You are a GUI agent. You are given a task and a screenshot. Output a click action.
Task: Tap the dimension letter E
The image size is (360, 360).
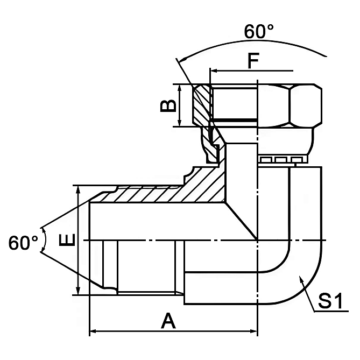67,239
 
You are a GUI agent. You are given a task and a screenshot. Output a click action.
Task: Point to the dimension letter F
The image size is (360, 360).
253,61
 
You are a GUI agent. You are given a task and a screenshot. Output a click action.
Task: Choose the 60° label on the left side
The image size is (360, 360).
23,243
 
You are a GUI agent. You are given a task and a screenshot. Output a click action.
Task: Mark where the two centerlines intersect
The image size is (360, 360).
258,239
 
